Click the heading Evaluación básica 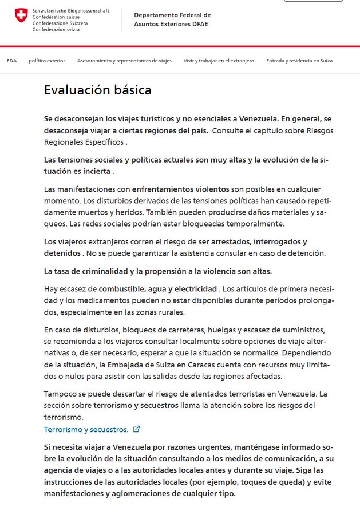98,90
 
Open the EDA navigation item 11,60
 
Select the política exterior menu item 47,60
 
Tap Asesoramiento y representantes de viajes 124,60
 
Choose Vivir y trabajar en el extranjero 219,60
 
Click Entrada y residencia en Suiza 299,60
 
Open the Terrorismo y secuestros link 86,429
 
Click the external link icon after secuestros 136,429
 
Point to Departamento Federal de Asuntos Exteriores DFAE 172,19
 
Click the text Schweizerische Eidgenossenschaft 71,11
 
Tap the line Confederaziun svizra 57,29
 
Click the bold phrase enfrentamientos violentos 180,189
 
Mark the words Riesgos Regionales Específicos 85,142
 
